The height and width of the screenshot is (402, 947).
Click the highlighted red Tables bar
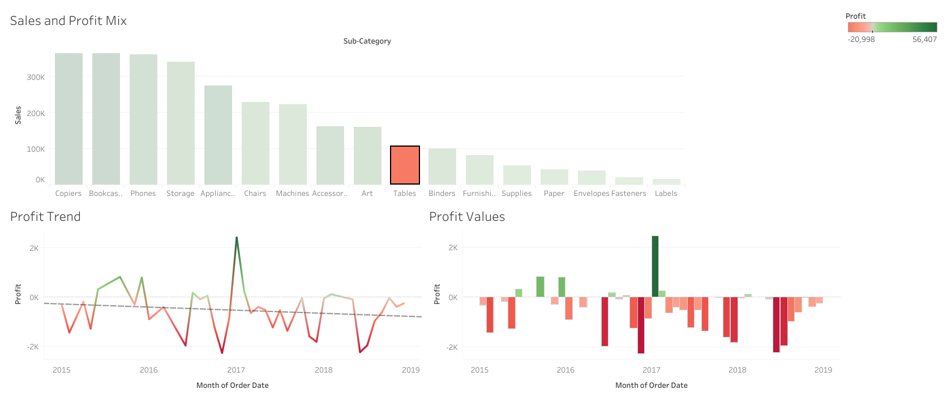405,165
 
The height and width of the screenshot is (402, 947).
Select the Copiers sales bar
68,119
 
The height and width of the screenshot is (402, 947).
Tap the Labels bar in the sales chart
666,182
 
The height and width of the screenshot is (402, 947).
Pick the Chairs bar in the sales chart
255,143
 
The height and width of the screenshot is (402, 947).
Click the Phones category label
143,194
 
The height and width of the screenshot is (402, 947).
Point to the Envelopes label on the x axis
591,194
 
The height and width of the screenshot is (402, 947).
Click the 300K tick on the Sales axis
36,77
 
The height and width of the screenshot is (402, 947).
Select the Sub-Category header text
367,41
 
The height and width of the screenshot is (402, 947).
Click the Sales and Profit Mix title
68,21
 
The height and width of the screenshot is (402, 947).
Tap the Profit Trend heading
45,217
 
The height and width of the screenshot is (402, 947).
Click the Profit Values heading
466,217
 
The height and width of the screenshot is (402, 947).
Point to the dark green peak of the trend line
237,238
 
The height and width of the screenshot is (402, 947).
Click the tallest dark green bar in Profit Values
655,266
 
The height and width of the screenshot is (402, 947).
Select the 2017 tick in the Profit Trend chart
236,370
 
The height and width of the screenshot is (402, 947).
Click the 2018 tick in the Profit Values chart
737,370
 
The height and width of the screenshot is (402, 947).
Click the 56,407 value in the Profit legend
924,40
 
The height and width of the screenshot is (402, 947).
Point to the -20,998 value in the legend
861,40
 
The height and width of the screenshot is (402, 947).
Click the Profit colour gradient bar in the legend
892,27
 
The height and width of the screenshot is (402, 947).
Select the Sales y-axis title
18,115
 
